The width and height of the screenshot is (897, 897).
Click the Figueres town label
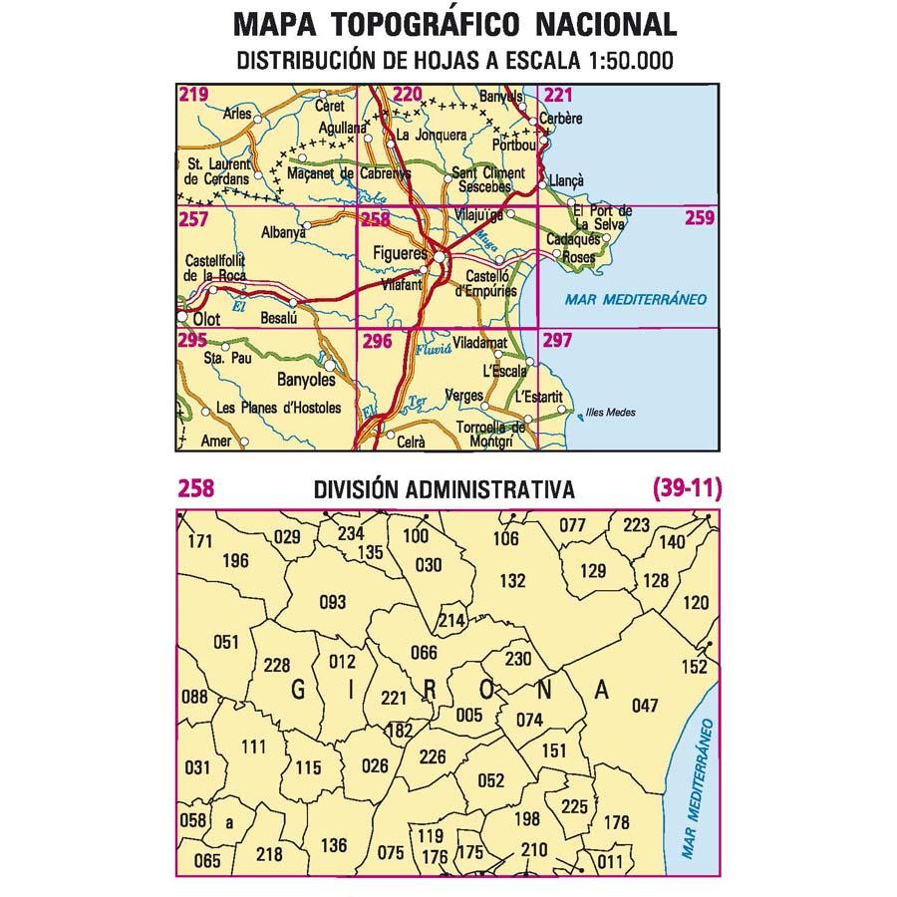tap(399, 253)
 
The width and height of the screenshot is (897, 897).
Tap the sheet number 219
tap(193, 96)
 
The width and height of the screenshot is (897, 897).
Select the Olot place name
tap(206, 319)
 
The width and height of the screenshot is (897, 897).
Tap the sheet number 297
tap(558, 340)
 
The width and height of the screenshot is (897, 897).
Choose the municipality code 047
tap(645, 706)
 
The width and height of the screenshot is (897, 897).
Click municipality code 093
tap(331, 601)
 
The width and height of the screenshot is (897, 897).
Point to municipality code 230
tap(518, 658)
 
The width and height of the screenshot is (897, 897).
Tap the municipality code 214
tap(451, 621)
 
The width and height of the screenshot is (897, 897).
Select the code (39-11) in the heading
tap(686, 488)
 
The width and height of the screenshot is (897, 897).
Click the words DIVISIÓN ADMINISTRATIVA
tap(443, 489)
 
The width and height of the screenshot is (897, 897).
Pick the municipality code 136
tap(334, 846)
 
